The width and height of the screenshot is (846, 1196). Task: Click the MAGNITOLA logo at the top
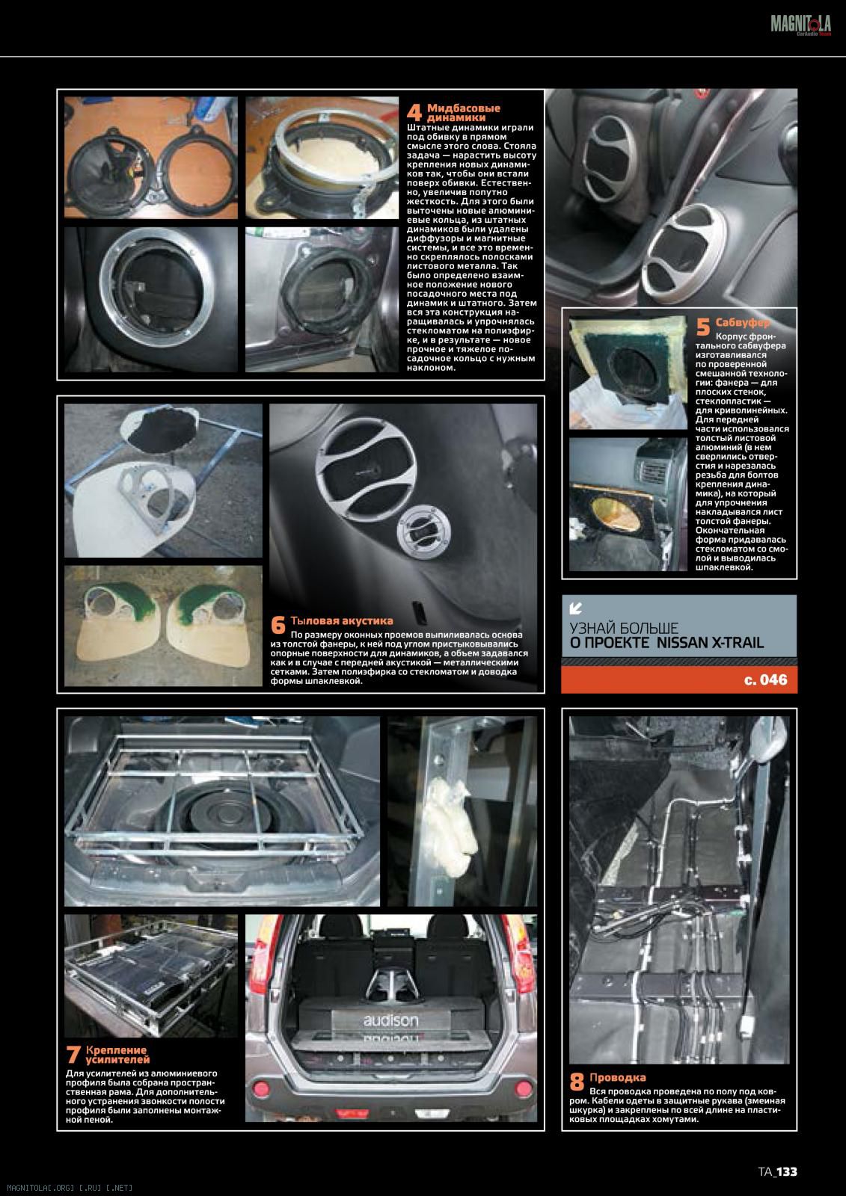coord(800,25)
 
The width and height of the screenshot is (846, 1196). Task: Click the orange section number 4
coord(414,113)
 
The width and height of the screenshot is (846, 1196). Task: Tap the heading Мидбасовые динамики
coord(463,113)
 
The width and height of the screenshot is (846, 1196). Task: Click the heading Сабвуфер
coord(743,322)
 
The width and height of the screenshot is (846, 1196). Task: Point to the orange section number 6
coord(278,625)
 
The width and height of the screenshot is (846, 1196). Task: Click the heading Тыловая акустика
coord(342,620)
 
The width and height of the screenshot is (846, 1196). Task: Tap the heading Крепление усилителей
coord(117,1055)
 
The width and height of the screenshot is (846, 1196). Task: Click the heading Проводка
coord(617,1077)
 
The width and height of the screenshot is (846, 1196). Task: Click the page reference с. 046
coord(765,679)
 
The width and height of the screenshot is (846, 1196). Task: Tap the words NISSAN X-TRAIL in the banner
coord(710,643)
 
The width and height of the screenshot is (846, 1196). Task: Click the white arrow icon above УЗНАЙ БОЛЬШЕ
coord(575,608)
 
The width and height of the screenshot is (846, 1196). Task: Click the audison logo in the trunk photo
coord(390,1020)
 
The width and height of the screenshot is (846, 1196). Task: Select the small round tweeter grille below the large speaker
coord(423,531)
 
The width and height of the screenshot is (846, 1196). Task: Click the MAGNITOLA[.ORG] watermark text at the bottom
coord(70,1188)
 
